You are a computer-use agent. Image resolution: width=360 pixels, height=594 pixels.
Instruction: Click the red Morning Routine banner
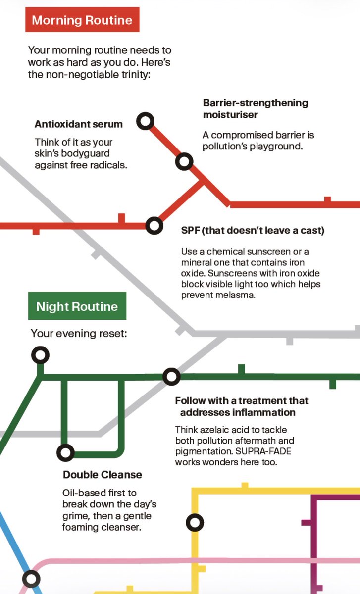82,20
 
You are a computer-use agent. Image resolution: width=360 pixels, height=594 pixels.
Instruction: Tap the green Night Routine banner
77,306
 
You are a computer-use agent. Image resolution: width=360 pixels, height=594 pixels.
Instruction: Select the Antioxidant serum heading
79,124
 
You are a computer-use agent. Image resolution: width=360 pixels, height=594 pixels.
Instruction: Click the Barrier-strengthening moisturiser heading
256,109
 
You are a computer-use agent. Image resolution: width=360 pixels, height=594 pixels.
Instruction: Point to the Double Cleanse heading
103,475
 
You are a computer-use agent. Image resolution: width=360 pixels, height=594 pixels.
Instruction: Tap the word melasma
236,295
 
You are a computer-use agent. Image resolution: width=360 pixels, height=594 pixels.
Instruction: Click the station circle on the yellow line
195,522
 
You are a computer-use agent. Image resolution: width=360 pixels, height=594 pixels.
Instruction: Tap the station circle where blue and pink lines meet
31,579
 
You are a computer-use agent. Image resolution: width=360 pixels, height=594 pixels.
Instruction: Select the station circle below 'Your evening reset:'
40,355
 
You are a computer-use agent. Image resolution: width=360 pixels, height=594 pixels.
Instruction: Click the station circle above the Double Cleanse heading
65,452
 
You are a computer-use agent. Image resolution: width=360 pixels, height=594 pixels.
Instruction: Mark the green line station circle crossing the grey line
171,377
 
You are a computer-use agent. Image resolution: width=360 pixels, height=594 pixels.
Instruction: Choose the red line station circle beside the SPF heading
154,226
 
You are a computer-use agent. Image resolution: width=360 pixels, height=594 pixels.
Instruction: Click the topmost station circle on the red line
145,121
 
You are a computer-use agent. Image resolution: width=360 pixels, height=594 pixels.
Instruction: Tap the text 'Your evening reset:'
79,333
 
